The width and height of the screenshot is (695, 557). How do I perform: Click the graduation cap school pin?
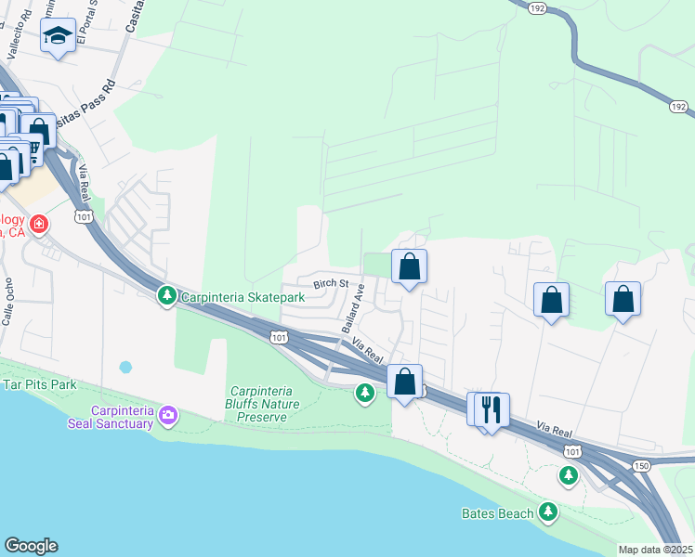click(59, 37)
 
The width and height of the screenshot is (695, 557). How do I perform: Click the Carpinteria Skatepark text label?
click(242, 297)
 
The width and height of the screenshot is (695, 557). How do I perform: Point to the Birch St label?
click(330, 283)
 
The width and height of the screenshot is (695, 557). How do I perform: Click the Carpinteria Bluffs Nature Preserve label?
click(262, 404)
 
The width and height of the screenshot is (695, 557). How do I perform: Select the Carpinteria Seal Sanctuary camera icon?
click(168, 413)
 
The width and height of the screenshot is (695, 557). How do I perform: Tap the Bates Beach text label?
click(498, 513)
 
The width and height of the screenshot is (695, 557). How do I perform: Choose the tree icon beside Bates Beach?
click(549, 512)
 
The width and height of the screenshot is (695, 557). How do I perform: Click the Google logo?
click(31, 546)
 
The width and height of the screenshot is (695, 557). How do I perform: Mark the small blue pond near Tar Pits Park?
click(126, 367)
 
